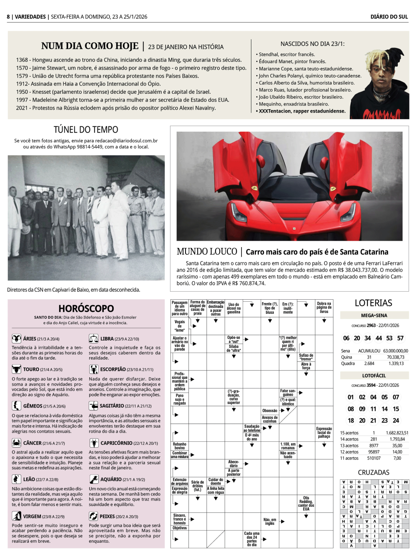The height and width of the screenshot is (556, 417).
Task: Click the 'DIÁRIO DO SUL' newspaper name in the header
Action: pos(389,17)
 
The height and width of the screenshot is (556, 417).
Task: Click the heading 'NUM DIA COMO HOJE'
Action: pos(90,46)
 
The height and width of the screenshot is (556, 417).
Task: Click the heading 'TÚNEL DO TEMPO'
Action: pos(86,130)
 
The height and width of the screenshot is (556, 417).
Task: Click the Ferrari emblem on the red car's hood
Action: pos(294,228)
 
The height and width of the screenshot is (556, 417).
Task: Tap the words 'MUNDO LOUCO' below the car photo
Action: pos(207,252)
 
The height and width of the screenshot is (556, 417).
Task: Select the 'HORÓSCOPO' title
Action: pos(86,308)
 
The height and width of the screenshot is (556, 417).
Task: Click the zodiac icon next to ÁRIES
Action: pos(16,338)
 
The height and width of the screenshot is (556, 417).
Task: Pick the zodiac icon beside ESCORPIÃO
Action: pos(93,369)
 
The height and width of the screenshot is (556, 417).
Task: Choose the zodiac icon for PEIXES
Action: pos(93,516)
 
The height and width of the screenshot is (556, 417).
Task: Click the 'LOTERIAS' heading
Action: pos(373,303)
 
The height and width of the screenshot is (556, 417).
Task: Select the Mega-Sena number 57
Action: pos(400,338)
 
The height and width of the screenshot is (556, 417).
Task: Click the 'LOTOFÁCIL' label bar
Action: pos(374,376)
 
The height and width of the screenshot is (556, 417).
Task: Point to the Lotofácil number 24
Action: pos(396,421)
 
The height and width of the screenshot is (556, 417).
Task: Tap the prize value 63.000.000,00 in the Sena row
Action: pos(396,351)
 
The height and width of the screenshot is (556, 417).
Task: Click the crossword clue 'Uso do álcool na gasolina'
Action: pos(234,308)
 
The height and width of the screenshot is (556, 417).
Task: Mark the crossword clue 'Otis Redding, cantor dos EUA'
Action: pos(306,503)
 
